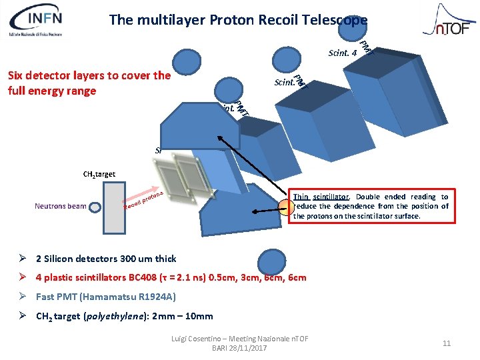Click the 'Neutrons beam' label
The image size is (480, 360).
[x=60, y=206]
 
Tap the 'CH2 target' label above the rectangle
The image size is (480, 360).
[x=99, y=174]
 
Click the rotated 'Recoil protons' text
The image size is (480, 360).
[x=144, y=199]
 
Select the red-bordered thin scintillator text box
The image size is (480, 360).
[x=371, y=206]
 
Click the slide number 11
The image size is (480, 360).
[x=447, y=343]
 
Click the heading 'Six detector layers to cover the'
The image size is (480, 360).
[x=89, y=75]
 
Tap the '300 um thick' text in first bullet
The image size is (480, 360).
[x=149, y=259]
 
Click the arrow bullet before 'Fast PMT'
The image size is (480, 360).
[x=23, y=297]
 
